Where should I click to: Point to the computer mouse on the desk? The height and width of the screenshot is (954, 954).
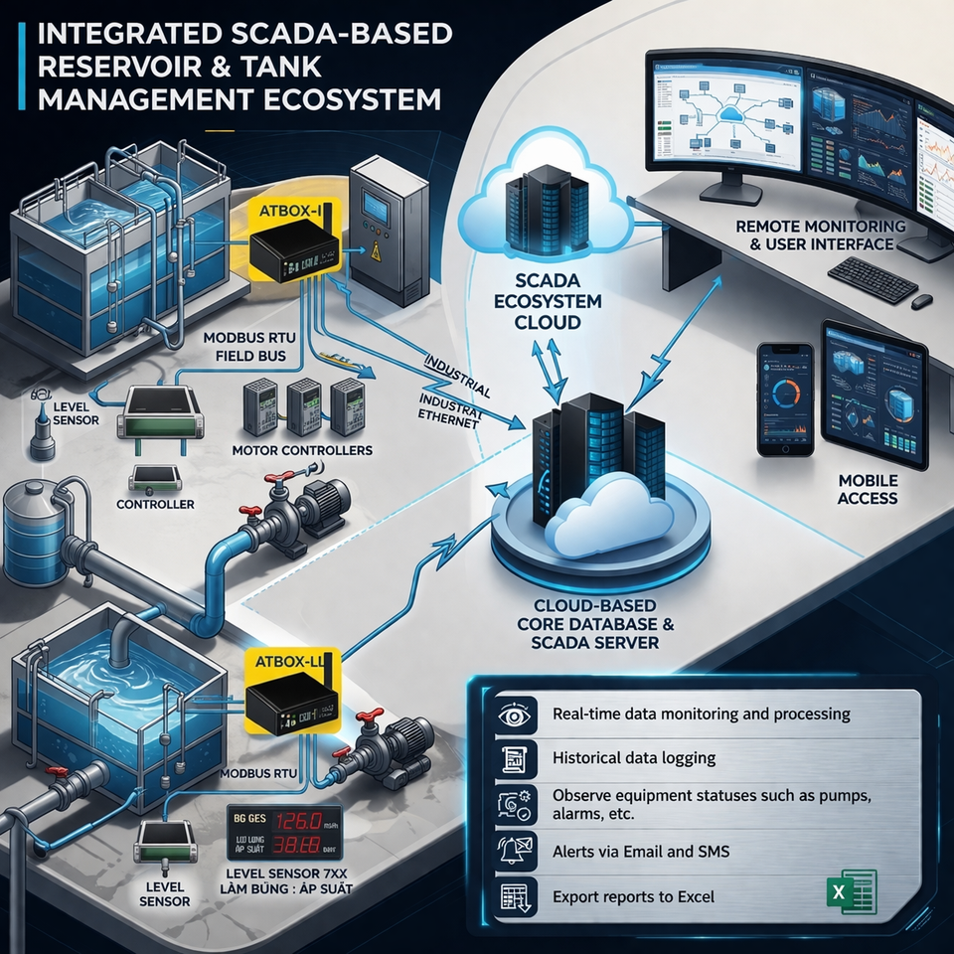click(922, 299)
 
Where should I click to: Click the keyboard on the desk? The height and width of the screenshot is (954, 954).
click(872, 279)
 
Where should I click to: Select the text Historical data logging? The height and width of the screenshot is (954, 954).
click(634, 757)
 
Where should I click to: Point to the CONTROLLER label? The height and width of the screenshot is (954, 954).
click(156, 504)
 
